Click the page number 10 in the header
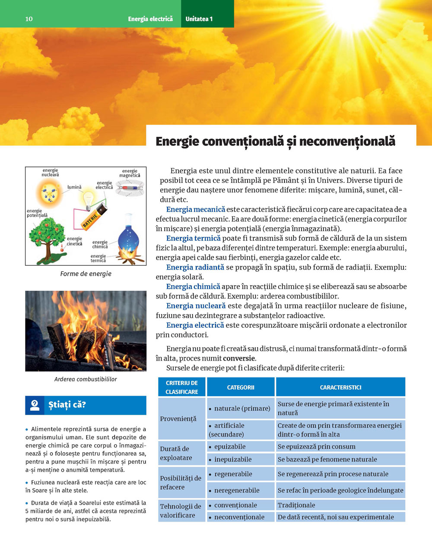[x=29, y=19]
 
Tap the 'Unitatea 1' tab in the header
[x=199, y=19]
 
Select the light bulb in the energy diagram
[x=89, y=200]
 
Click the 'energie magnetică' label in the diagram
[x=130, y=173]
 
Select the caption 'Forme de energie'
[x=86, y=273]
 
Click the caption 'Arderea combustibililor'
[x=86, y=379]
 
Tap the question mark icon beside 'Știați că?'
[x=35, y=405]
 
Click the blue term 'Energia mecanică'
[x=196, y=210]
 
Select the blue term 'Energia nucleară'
[x=196, y=306]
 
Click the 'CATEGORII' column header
[x=241, y=387]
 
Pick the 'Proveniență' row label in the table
[x=178, y=418]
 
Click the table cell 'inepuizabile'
[x=233, y=459]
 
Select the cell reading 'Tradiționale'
[x=296, y=505]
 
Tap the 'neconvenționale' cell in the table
[x=239, y=517]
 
